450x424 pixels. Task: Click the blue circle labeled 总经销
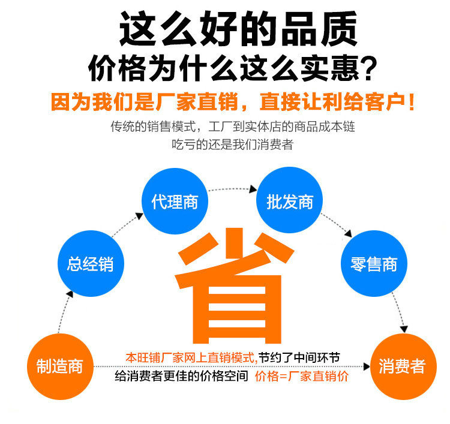pyautogui.click(x=90, y=264)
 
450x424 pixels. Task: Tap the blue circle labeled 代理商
pyautogui.click(x=175, y=202)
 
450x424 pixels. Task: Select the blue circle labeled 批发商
pyautogui.click(x=290, y=202)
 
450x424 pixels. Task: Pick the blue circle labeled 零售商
pyautogui.click(x=374, y=264)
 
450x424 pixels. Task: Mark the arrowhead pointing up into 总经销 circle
pyautogui.click(x=71, y=294)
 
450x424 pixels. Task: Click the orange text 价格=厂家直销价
pyautogui.click(x=301, y=377)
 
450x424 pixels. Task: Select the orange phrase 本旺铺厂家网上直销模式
pyautogui.click(x=191, y=358)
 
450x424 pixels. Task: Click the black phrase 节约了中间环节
pyautogui.click(x=299, y=358)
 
